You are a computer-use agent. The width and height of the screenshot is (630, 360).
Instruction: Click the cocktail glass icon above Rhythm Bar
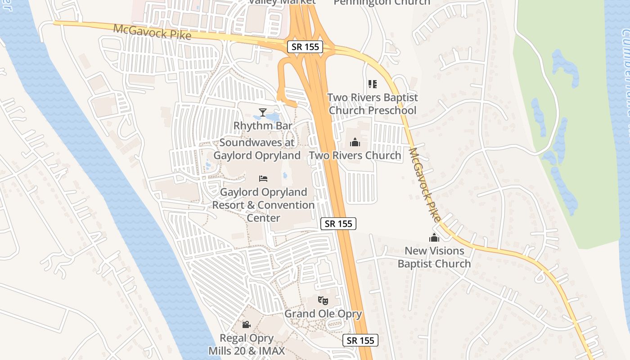coord(263,112)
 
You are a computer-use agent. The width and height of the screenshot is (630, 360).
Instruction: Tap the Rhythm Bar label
coord(263,126)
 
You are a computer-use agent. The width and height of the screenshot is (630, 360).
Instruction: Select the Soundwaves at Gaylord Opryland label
coord(257,149)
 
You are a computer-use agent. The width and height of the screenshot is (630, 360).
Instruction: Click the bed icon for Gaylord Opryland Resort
coord(263,179)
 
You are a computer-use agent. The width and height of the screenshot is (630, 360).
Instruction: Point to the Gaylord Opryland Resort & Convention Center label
coord(263,205)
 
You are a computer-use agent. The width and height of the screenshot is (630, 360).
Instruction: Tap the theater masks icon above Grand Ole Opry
coord(323,300)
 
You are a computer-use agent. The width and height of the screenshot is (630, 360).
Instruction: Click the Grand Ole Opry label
coord(323,314)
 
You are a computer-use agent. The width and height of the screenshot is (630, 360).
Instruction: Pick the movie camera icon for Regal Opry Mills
coord(246,324)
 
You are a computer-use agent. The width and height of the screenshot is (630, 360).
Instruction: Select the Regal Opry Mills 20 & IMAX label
coord(247,344)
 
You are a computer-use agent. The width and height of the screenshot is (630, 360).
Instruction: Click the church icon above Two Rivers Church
coord(355,143)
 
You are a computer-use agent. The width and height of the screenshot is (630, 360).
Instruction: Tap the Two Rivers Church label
coord(355,156)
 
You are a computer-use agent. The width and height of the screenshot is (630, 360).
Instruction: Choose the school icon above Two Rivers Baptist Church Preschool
coord(372,84)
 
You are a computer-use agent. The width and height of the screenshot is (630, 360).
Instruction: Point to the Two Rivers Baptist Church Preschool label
coord(372,104)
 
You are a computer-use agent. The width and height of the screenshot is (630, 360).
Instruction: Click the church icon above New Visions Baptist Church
coord(434,238)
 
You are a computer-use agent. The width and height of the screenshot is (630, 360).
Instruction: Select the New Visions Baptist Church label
coord(434,257)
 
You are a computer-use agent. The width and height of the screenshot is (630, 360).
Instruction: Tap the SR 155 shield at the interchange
coord(305,46)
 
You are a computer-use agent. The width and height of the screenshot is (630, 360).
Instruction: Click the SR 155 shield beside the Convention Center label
coord(338,224)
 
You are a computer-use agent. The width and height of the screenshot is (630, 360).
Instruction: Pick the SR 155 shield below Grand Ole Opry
coord(360,340)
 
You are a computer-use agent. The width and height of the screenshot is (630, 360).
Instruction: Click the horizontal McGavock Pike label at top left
coord(152,32)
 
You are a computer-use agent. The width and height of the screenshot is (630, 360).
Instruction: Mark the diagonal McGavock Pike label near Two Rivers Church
coord(425,184)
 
